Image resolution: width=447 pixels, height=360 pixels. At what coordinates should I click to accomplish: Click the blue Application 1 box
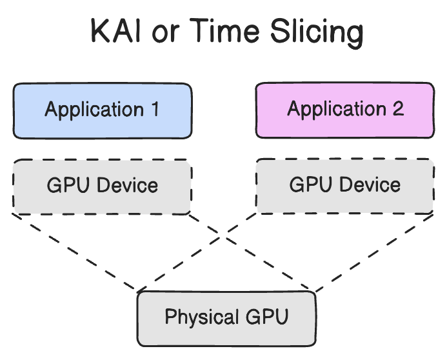coord(102,110)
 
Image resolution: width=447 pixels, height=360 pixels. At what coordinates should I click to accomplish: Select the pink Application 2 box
coord(345,110)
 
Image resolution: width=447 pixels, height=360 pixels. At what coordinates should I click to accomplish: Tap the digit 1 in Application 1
coord(154,109)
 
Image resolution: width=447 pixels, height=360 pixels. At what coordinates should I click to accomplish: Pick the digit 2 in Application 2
coord(398,109)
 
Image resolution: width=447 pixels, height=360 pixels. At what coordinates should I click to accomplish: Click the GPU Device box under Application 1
coord(102,186)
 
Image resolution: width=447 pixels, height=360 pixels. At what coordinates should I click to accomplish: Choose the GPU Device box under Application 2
coord(345,186)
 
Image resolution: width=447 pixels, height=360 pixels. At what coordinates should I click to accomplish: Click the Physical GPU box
coord(226,318)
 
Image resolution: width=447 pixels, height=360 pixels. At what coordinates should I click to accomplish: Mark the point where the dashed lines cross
coord(224,239)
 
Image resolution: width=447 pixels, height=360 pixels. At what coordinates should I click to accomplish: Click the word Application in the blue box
coord(93,110)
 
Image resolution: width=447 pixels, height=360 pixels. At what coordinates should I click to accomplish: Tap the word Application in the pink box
coord(336,110)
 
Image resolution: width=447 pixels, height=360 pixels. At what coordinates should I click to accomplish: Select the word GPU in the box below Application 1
coord(66,186)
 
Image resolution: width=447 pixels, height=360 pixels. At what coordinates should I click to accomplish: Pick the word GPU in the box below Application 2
coord(309,186)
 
